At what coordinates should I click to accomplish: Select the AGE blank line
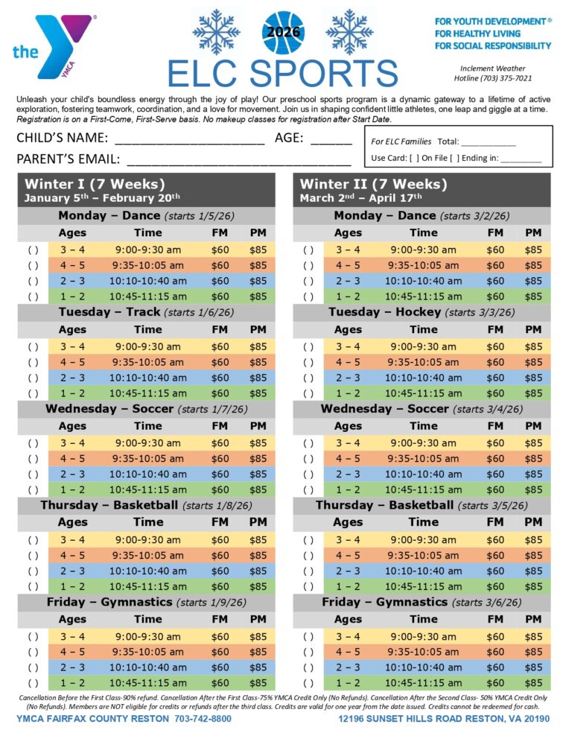point(331,140)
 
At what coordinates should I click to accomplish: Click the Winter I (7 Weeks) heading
point(95,184)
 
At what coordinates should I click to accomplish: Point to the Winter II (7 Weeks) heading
point(373,184)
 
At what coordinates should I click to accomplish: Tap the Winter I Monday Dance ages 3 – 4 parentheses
point(33,250)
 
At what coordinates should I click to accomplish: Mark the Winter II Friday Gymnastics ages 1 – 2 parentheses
point(308,683)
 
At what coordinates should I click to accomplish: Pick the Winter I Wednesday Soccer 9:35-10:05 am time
point(147,459)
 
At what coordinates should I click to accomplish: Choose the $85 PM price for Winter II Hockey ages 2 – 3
point(533,378)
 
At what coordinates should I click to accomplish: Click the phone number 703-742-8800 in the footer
point(192,719)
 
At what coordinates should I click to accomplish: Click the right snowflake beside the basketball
point(349,31)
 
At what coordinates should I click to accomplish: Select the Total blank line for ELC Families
point(488,142)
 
